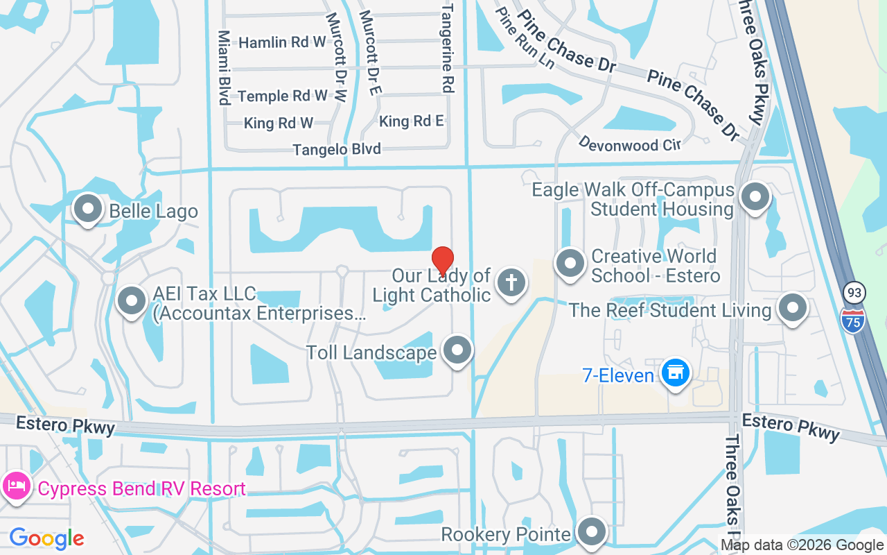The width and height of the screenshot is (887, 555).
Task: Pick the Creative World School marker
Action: click(x=570, y=264)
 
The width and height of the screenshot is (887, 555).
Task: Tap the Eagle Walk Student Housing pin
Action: click(x=755, y=197)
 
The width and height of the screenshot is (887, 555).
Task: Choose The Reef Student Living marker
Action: click(x=792, y=308)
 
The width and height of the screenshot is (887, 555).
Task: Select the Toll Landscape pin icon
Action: click(x=457, y=350)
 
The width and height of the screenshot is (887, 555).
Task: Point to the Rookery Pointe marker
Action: click(x=592, y=532)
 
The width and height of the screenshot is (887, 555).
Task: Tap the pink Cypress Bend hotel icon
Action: click(x=15, y=486)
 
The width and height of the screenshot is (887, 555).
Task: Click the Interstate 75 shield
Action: click(x=853, y=321)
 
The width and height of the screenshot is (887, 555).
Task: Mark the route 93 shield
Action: click(x=854, y=293)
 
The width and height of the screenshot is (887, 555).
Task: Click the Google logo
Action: click(x=47, y=538)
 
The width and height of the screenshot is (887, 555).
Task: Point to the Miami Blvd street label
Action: click(x=224, y=67)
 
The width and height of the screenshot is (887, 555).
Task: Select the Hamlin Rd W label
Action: click(x=282, y=42)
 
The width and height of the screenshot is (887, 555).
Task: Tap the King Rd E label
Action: click(x=412, y=121)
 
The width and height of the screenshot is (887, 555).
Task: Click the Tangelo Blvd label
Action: click(x=337, y=149)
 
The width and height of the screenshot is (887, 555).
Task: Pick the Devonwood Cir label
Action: click(x=630, y=144)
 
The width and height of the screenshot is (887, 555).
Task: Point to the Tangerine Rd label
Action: click(x=448, y=48)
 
